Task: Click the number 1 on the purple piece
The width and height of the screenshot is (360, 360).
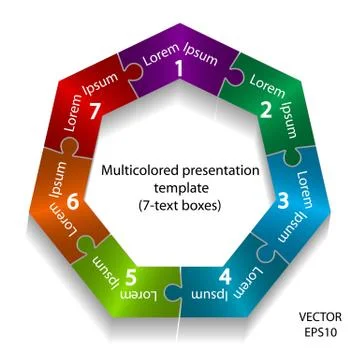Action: (180, 69)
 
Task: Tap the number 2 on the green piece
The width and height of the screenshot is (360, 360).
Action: (266, 111)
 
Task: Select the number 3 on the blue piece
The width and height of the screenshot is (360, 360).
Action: (283, 201)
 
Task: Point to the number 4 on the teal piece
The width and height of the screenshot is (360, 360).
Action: (225, 277)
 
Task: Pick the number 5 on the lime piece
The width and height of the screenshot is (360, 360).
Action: (130, 277)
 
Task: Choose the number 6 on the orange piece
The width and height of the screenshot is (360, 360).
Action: (73, 202)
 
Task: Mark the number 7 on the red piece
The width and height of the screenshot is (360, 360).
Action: (95, 111)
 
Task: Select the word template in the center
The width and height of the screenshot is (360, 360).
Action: (180, 189)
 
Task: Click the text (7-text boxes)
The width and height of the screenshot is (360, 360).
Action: (180, 206)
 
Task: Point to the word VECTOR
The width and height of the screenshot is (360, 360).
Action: (320, 317)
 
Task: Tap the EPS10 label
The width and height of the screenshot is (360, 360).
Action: (321, 332)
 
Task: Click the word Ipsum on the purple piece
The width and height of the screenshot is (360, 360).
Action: (201, 54)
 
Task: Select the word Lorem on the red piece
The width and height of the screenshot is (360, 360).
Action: (74, 113)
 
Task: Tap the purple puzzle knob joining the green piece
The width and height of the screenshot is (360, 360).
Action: (236, 74)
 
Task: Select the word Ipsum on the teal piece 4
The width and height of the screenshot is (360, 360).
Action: (210, 295)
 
